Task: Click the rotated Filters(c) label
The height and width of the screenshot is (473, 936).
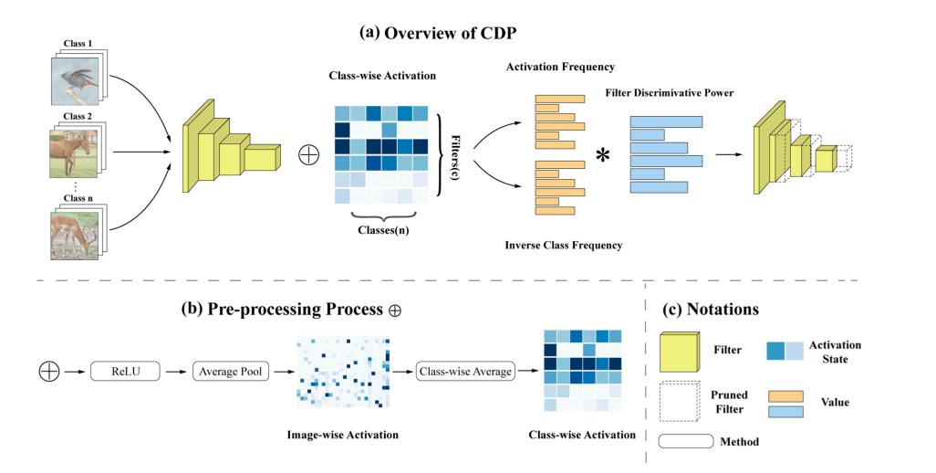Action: pyautogui.click(x=456, y=154)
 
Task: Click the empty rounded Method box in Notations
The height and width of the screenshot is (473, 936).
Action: pyautogui.click(x=686, y=441)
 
